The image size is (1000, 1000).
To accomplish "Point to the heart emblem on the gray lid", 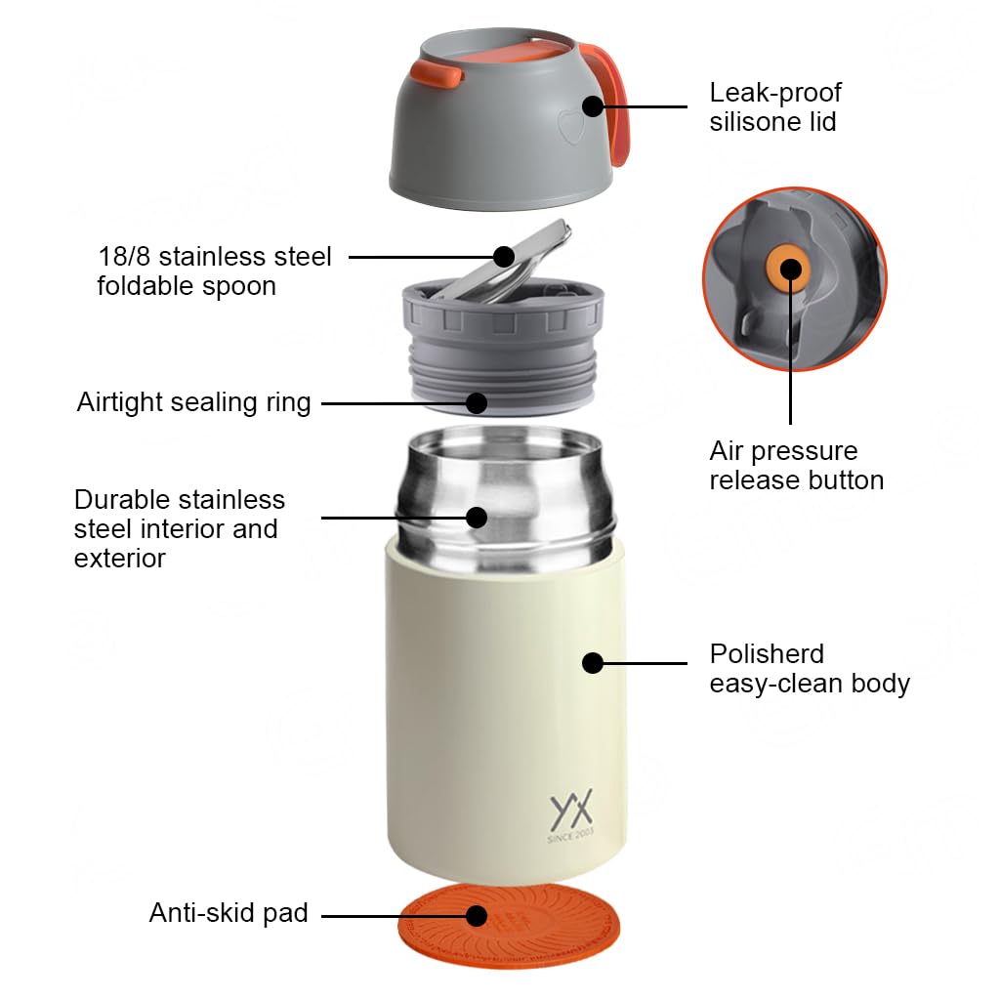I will click(567, 128).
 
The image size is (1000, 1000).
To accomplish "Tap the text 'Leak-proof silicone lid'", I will click(774, 107).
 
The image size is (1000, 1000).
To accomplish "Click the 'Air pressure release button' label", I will click(796, 465).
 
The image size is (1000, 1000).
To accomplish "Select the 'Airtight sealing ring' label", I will click(193, 402).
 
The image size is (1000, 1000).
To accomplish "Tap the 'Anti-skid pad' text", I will click(229, 913).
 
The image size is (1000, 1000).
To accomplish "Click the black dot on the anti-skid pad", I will click(477, 915).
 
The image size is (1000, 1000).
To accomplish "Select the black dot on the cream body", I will click(592, 663).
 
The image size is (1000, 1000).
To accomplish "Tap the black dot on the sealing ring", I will click(477, 402).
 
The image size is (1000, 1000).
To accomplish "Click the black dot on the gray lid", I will click(592, 105).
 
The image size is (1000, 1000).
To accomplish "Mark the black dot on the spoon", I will click(504, 257).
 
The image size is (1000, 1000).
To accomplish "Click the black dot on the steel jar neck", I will click(477, 517).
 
